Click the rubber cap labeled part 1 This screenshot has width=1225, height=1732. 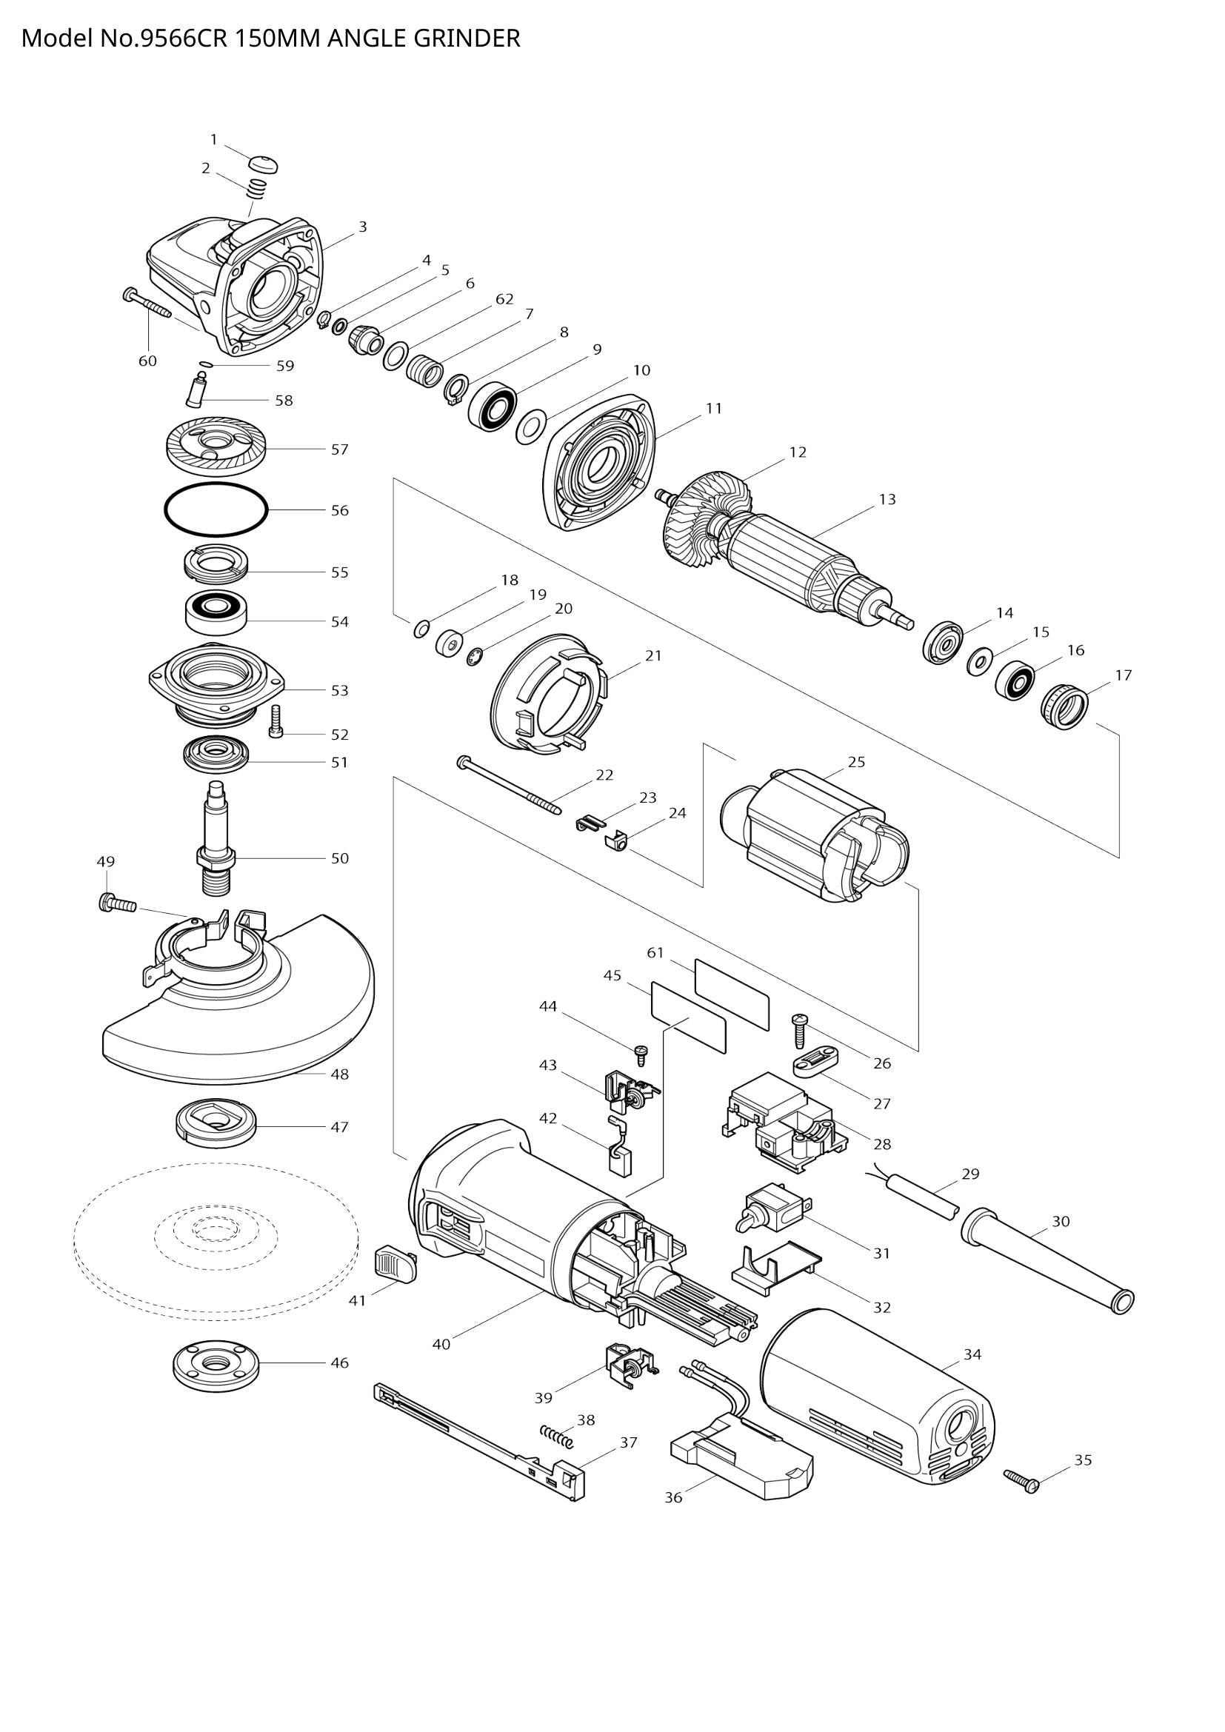pyautogui.click(x=262, y=163)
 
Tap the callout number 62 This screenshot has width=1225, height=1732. pyautogui.click(x=504, y=298)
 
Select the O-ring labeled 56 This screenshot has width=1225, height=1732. pyautogui.click(x=216, y=511)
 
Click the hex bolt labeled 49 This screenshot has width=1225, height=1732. pyautogui.click(x=117, y=901)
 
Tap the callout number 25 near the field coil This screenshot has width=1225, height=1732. pyautogui.click(x=856, y=761)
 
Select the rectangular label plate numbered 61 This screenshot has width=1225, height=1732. pyautogui.click(x=732, y=994)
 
